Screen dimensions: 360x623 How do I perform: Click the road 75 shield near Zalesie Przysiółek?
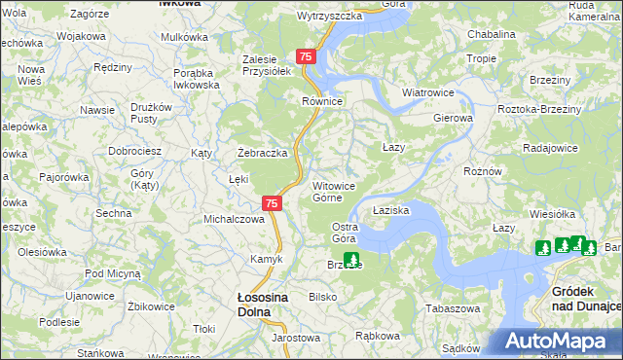(x=307, y=57)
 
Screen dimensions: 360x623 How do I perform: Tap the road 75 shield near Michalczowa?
(x=273, y=203)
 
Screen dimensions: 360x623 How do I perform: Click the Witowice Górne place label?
(x=340, y=192)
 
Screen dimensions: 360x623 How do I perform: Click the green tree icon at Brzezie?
(x=351, y=261)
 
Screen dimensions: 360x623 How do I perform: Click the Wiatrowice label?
(x=429, y=93)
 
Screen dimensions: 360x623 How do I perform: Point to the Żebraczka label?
(x=263, y=154)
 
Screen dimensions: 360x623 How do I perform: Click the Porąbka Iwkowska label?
(x=197, y=79)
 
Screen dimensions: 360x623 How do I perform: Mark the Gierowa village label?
(x=453, y=118)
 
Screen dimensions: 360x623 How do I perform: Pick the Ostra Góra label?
(x=345, y=233)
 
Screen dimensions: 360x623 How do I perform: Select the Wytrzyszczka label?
(x=329, y=17)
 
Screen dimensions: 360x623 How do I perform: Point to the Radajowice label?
(x=550, y=148)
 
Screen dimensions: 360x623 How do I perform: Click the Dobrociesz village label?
(x=134, y=152)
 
